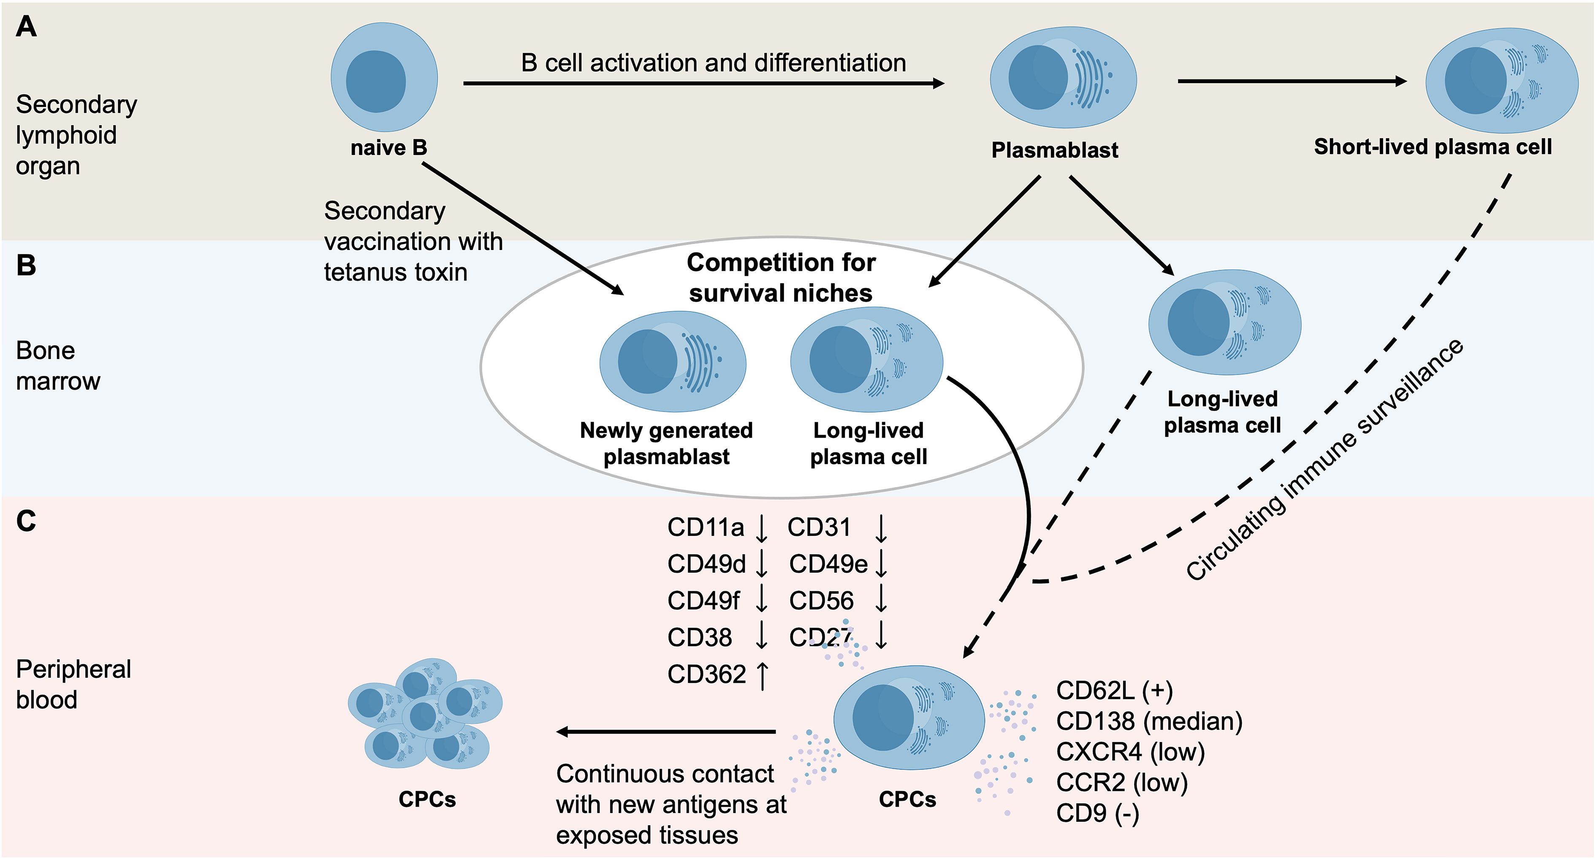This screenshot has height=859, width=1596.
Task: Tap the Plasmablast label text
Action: pos(1055,150)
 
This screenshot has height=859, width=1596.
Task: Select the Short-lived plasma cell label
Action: pos(1433,147)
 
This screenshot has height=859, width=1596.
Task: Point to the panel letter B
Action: pos(26,265)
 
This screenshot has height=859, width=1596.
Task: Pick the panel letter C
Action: pos(26,521)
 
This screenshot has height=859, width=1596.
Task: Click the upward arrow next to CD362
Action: pos(763,675)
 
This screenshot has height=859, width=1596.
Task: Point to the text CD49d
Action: pos(706,564)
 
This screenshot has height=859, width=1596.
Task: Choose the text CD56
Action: pos(821,601)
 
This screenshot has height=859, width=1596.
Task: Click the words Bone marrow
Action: pos(57,366)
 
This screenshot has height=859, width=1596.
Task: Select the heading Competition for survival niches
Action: pos(781,277)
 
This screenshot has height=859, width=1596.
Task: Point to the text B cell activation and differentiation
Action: pos(713,63)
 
